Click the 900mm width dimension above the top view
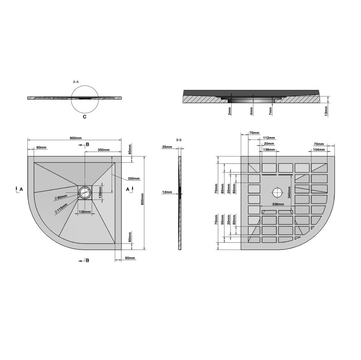[76, 138]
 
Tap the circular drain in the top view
[85, 192]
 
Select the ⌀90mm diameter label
[61, 197]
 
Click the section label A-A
[76, 82]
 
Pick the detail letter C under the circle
[84, 117]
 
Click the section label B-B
[179, 140]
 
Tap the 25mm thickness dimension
[167, 147]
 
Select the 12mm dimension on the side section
[167, 192]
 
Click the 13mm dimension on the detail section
[326, 111]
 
